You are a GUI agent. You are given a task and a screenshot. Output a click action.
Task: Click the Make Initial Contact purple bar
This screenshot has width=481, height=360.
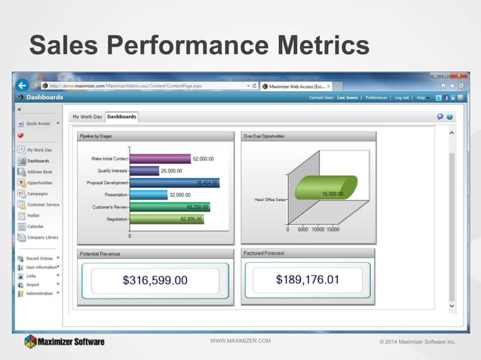(160, 159)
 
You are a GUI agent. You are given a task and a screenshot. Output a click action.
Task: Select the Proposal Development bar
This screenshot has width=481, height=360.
(174, 182)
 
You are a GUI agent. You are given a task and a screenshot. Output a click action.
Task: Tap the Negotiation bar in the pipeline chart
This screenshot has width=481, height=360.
(167, 218)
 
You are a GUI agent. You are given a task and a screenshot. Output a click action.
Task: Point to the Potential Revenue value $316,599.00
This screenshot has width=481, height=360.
(155, 281)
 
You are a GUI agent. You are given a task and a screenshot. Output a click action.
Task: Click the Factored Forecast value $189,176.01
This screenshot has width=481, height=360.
(307, 280)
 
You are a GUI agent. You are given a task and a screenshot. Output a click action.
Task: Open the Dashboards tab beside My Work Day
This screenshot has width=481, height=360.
(121, 117)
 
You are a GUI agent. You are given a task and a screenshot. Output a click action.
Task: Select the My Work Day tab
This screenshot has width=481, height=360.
(87, 117)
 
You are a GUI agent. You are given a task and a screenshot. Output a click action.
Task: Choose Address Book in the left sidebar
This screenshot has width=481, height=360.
(40, 172)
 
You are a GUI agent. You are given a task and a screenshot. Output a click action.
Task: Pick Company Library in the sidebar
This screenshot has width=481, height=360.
(42, 237)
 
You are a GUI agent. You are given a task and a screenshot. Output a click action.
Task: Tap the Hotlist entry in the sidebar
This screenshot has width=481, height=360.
(34, 215)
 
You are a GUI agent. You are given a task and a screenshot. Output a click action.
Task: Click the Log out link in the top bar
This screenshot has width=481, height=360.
(401, 97)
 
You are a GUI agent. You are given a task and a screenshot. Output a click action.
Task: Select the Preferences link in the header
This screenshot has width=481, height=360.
(376, 97)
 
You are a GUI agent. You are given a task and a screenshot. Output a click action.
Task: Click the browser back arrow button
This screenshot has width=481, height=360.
(23, 85)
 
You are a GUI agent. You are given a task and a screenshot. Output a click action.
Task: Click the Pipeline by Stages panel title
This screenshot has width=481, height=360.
(96, 136)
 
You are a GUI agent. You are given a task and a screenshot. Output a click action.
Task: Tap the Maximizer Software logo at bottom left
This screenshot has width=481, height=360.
(64, 341)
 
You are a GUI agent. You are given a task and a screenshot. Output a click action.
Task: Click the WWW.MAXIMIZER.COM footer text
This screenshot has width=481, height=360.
(240, 341)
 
